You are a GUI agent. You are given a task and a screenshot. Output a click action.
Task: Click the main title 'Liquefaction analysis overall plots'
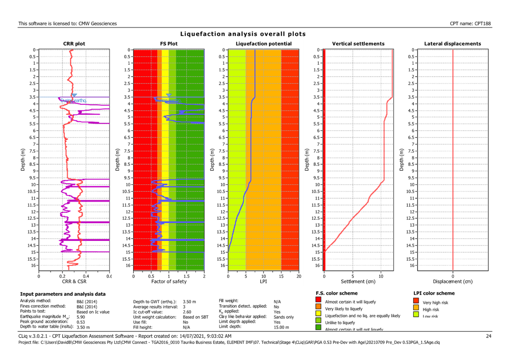pyautogui.click(x=243, y=34)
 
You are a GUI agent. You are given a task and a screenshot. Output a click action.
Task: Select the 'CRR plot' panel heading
pyautogui.click(x=74, y=44)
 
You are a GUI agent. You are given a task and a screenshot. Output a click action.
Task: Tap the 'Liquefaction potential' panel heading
pyautogui.click(x=263, y=44)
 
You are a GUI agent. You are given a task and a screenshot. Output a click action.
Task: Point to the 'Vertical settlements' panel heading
pyautogui.click(x=358, y=44)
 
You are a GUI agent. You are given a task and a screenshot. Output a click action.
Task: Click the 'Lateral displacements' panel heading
pyautogui.click(x=452, y=44)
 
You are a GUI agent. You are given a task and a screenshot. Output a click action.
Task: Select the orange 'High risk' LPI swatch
pyautogui.click(x=416, y=309)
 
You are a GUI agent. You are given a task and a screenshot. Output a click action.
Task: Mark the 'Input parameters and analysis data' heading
pyautogui.click(x=63, y=293)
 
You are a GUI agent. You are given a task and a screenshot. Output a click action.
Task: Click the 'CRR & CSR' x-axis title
pyautogui.click(x=74, y=281)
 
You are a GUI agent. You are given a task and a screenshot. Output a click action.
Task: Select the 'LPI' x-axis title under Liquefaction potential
pyautogui.click(x=263, y=281)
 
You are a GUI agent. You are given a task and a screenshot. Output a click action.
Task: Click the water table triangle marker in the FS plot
pyautogui.click(x=169, y=95)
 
